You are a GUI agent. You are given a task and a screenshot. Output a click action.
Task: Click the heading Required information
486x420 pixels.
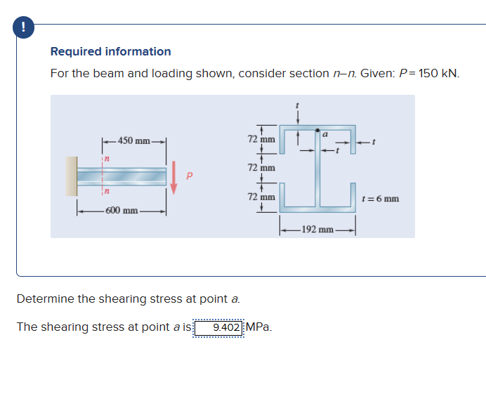point(110,51)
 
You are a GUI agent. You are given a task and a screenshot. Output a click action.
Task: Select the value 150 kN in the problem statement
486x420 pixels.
point(438,73)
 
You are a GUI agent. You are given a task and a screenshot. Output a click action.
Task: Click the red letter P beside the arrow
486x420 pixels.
point(188,176)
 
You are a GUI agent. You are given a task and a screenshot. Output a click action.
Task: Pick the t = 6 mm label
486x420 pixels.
point(380,199)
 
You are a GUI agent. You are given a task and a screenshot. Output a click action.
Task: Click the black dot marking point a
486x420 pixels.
point(318,131)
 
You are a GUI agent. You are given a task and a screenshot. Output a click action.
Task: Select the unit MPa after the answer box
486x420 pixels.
point(259,327)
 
